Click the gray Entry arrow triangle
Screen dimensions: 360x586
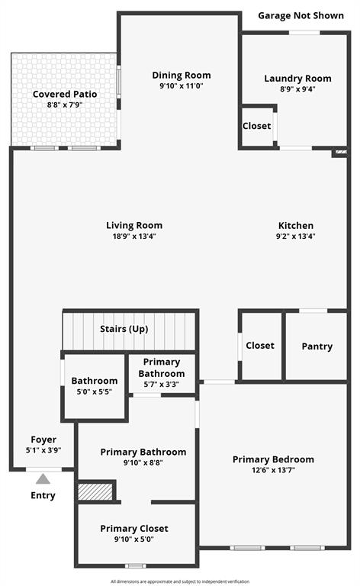[43, 478]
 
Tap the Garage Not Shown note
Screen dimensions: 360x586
[301, 16]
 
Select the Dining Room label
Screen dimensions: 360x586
[182, 75]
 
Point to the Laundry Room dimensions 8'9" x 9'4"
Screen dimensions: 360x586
[297, 89]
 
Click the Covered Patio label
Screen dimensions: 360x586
[65, 94]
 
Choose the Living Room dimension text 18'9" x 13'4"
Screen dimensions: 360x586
[134, 237]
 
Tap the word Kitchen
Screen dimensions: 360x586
[296, 225]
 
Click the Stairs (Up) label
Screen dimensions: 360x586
[124, 329]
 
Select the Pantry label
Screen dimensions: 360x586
[317, 346]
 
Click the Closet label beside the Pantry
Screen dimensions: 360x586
[260, 346]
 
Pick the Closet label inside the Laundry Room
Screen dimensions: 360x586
[256, 126]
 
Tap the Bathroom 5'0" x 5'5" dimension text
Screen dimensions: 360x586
[95, 391]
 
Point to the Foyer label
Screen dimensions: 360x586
[43, 439]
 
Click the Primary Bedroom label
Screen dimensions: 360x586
[273, 459]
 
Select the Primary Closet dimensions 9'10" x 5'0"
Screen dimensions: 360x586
[134, 539]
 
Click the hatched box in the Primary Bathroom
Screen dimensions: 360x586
[95, 491]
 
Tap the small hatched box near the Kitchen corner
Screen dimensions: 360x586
[341, 152]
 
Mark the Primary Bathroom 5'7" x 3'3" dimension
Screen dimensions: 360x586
[162, 385]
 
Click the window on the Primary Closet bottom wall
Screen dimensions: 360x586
[135, 566]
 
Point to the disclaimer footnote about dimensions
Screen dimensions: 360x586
[180, 581]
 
